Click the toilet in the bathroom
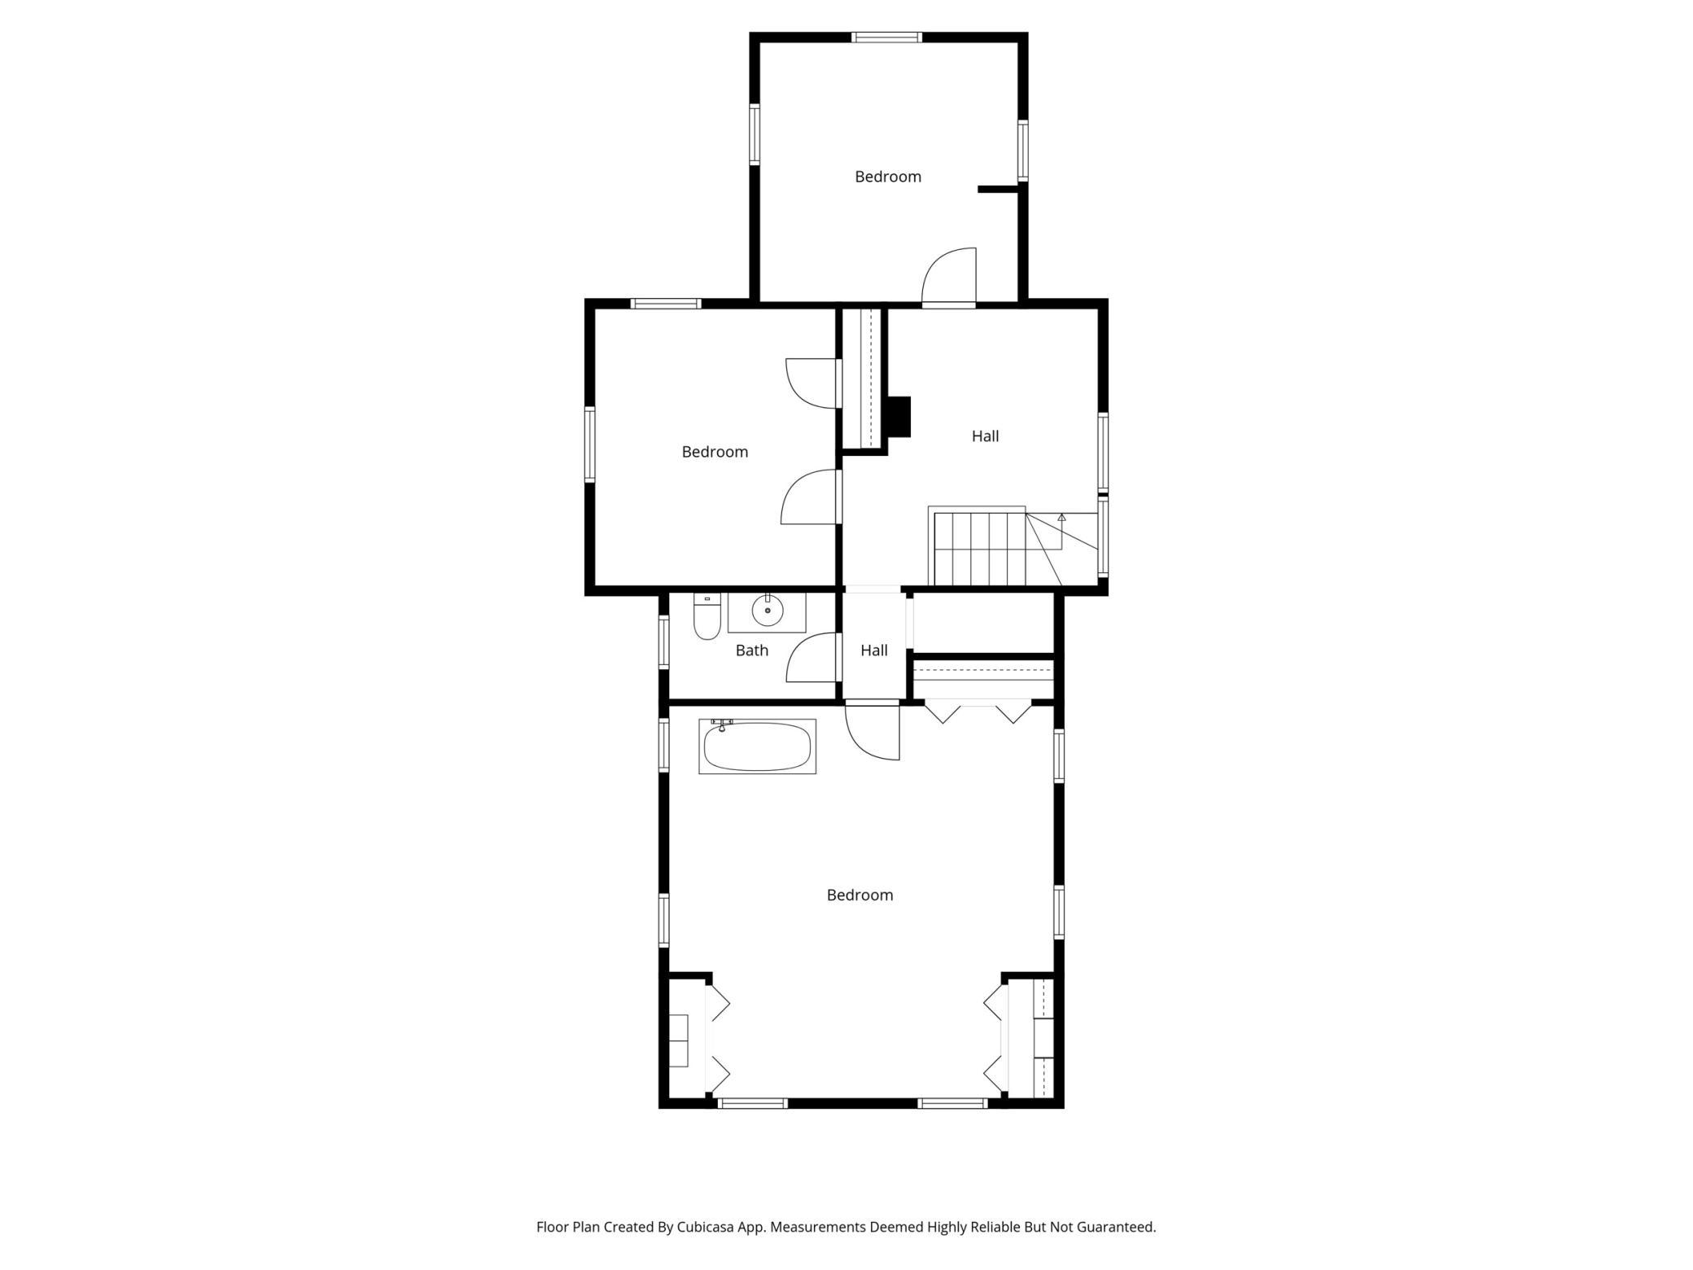click(707, 618)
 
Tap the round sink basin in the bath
click(767, 610)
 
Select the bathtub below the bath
click(757, 747)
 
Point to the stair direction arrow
click(1061, 517)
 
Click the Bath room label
click(751, 650)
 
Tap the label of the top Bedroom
click(887, 177)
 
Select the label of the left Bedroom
click(715, 452)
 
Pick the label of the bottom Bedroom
click(860, 896)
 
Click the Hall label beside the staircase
click(985, 436)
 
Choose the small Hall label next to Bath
click(873, 650)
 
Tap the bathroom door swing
click(812, 658)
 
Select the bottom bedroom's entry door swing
click(873, 731)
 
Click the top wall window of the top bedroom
click(886, 37)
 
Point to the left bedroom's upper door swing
click(812, 382)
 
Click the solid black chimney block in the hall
click(898, 416)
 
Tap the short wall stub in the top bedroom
click(997, 190)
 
